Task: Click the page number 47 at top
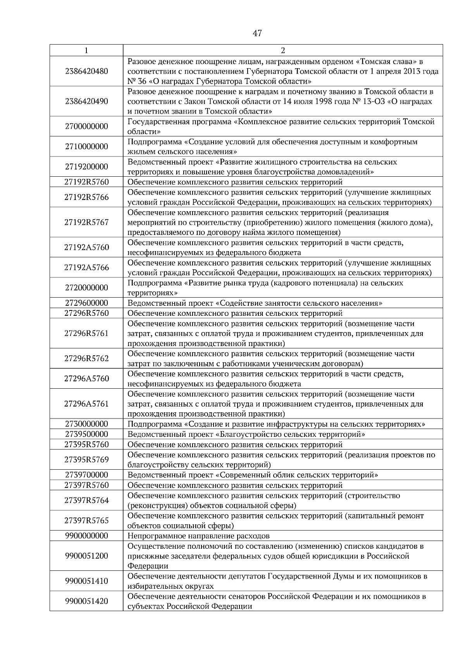coord(257,33)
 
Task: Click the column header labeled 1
coord(86,50)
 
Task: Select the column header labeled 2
coord(282,50)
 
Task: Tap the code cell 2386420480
coord(86,71)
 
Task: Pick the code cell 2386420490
coord(86,102)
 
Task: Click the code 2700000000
coord(86,127)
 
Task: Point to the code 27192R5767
coord(86,222)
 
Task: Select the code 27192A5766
coord(86,268)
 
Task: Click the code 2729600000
coord(86,303)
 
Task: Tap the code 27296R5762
coord(86,358)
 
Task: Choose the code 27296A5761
coord(86,404)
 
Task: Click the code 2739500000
coord(86,434)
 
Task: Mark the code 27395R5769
coord(86,460)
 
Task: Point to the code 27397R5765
coord(86,520)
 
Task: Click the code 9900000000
coord(86,536)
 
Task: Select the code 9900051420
coord(86,601)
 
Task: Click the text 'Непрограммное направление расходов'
coord(198,536)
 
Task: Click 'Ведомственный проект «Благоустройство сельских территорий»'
coord(246,434)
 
